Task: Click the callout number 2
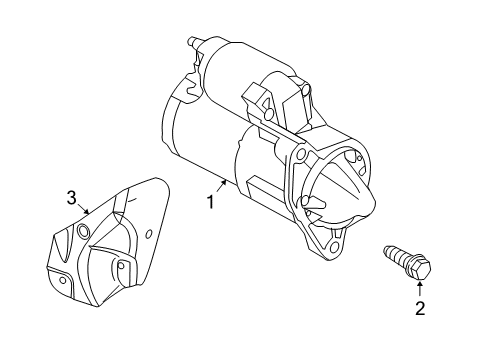(420, 308)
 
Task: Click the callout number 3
(71, 196)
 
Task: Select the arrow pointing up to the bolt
(419, 290)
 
